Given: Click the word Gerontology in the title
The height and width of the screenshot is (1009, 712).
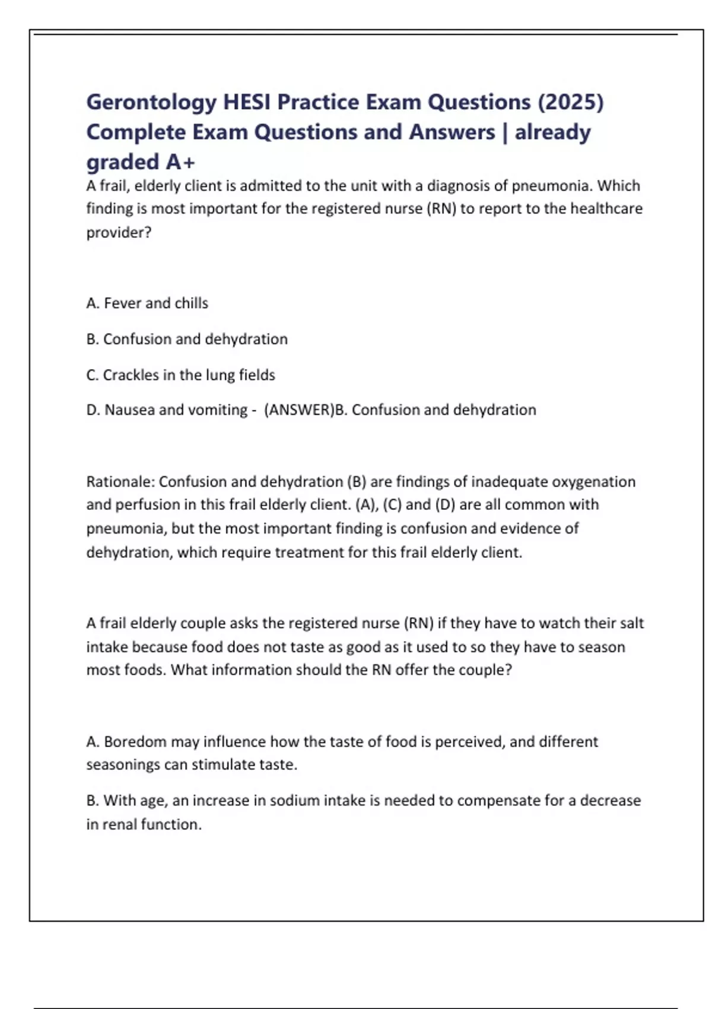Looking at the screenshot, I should tap(151, 103).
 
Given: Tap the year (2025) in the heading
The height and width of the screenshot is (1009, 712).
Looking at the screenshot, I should tap(570, 102).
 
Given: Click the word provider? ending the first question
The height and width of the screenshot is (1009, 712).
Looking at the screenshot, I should tap(119, 233).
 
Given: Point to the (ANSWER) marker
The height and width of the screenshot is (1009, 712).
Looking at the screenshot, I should tap(299, 410).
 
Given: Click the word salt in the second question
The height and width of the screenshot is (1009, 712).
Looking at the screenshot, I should tap(631, 623).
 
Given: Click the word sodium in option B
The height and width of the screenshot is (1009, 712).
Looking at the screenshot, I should tap(291, 801).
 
